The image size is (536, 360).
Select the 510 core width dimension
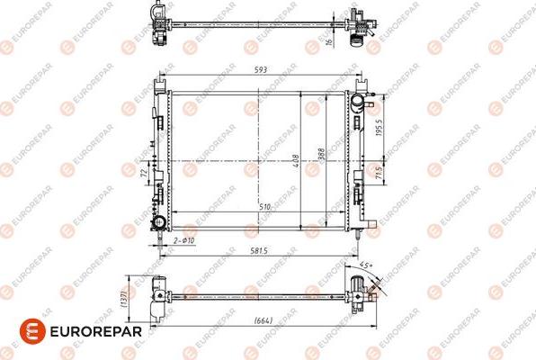(265, 208)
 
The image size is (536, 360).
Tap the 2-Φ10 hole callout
(184, 241)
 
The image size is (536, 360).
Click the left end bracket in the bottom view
(160, 293)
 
